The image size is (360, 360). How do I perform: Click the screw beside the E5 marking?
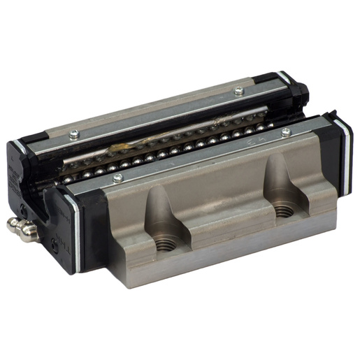(286, 131)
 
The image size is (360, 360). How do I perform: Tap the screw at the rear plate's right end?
(239, 89)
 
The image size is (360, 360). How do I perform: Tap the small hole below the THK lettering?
(56, 243)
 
